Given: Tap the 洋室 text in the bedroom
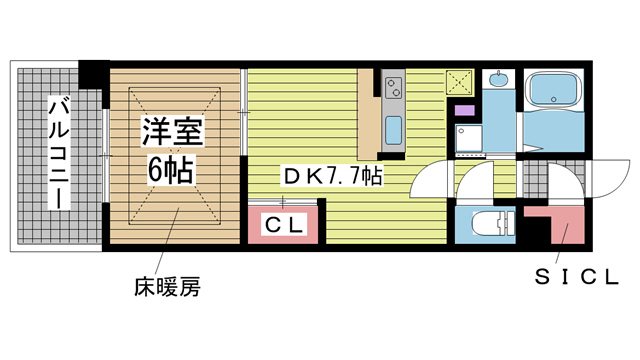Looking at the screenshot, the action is [169, 131].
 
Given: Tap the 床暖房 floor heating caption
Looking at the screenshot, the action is [167, 288].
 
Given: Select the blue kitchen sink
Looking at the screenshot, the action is [392, 129].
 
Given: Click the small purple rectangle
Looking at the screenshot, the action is [463, 109].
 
